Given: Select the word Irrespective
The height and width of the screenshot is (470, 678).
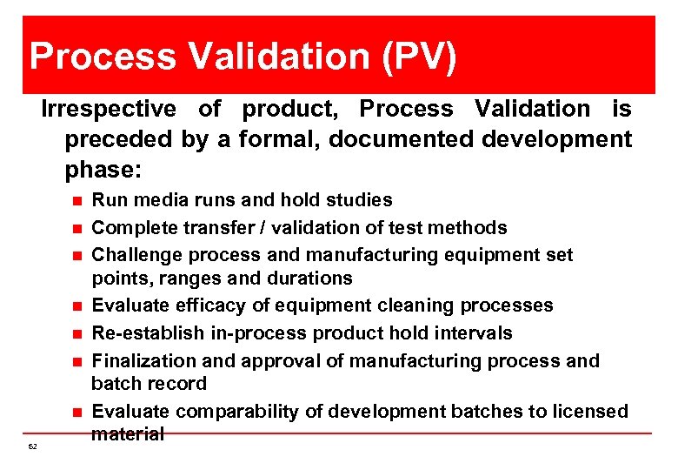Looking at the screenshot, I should click(109, 109).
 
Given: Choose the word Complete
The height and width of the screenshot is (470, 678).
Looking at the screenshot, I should click(133, 228).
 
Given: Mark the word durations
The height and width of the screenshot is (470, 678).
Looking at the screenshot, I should click(313, 279).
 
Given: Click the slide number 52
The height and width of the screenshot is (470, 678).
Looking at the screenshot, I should click(32, 446).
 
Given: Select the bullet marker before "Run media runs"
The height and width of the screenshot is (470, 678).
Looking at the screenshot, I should click(76, 201).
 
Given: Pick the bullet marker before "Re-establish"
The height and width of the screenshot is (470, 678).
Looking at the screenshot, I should click(76, 334).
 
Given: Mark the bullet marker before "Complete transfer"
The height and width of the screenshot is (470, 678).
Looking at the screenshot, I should click(76, 229).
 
